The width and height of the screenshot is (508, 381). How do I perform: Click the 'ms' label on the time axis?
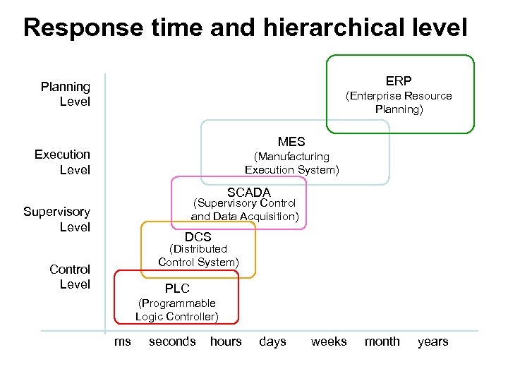pyautogui.click(x=122, y=341)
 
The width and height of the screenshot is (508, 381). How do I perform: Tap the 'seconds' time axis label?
pyautogui.click(x=172, y=341)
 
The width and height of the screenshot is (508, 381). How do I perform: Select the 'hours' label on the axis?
pyautogui.click(x=226, y=341)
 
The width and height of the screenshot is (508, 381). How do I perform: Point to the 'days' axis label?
pyautogui.click(x=272, y=341)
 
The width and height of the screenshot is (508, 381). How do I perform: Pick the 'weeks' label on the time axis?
pyautogui.click(x=329, y=341)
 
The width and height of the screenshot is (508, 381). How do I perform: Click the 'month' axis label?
pyautogui.click(x=382, y=341)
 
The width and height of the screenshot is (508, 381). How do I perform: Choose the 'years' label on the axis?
pyautogui.click(x=433, y=341)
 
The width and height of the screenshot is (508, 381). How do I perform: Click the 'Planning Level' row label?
pyautogui.click(x=66, y=94)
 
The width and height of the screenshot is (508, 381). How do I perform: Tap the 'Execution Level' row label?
pyautogui.click(x=63, y=162)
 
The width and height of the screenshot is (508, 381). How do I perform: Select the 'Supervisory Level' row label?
pyautogui.click(x=57, y=219)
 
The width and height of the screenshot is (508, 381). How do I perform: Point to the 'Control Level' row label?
pyautogui.click(x=70, y=277)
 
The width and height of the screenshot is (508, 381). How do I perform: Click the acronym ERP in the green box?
pyautogui.click(x=399, y=81)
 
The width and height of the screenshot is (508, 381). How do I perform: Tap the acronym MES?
pyautogui.click(x=291, y=142)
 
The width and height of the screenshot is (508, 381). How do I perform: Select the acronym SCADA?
pyautogui.click(x=248, y=192)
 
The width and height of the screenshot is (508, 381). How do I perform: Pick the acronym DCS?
pyautogui.click(x=198, y=237)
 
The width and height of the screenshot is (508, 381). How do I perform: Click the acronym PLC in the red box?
pyautogui.click(x=177, y=289)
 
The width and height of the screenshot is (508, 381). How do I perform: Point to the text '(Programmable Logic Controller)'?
pyautogui.click(x=177, y=310)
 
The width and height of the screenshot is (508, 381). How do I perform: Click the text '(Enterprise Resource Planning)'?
pyautogui.click(x=399, y=102)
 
